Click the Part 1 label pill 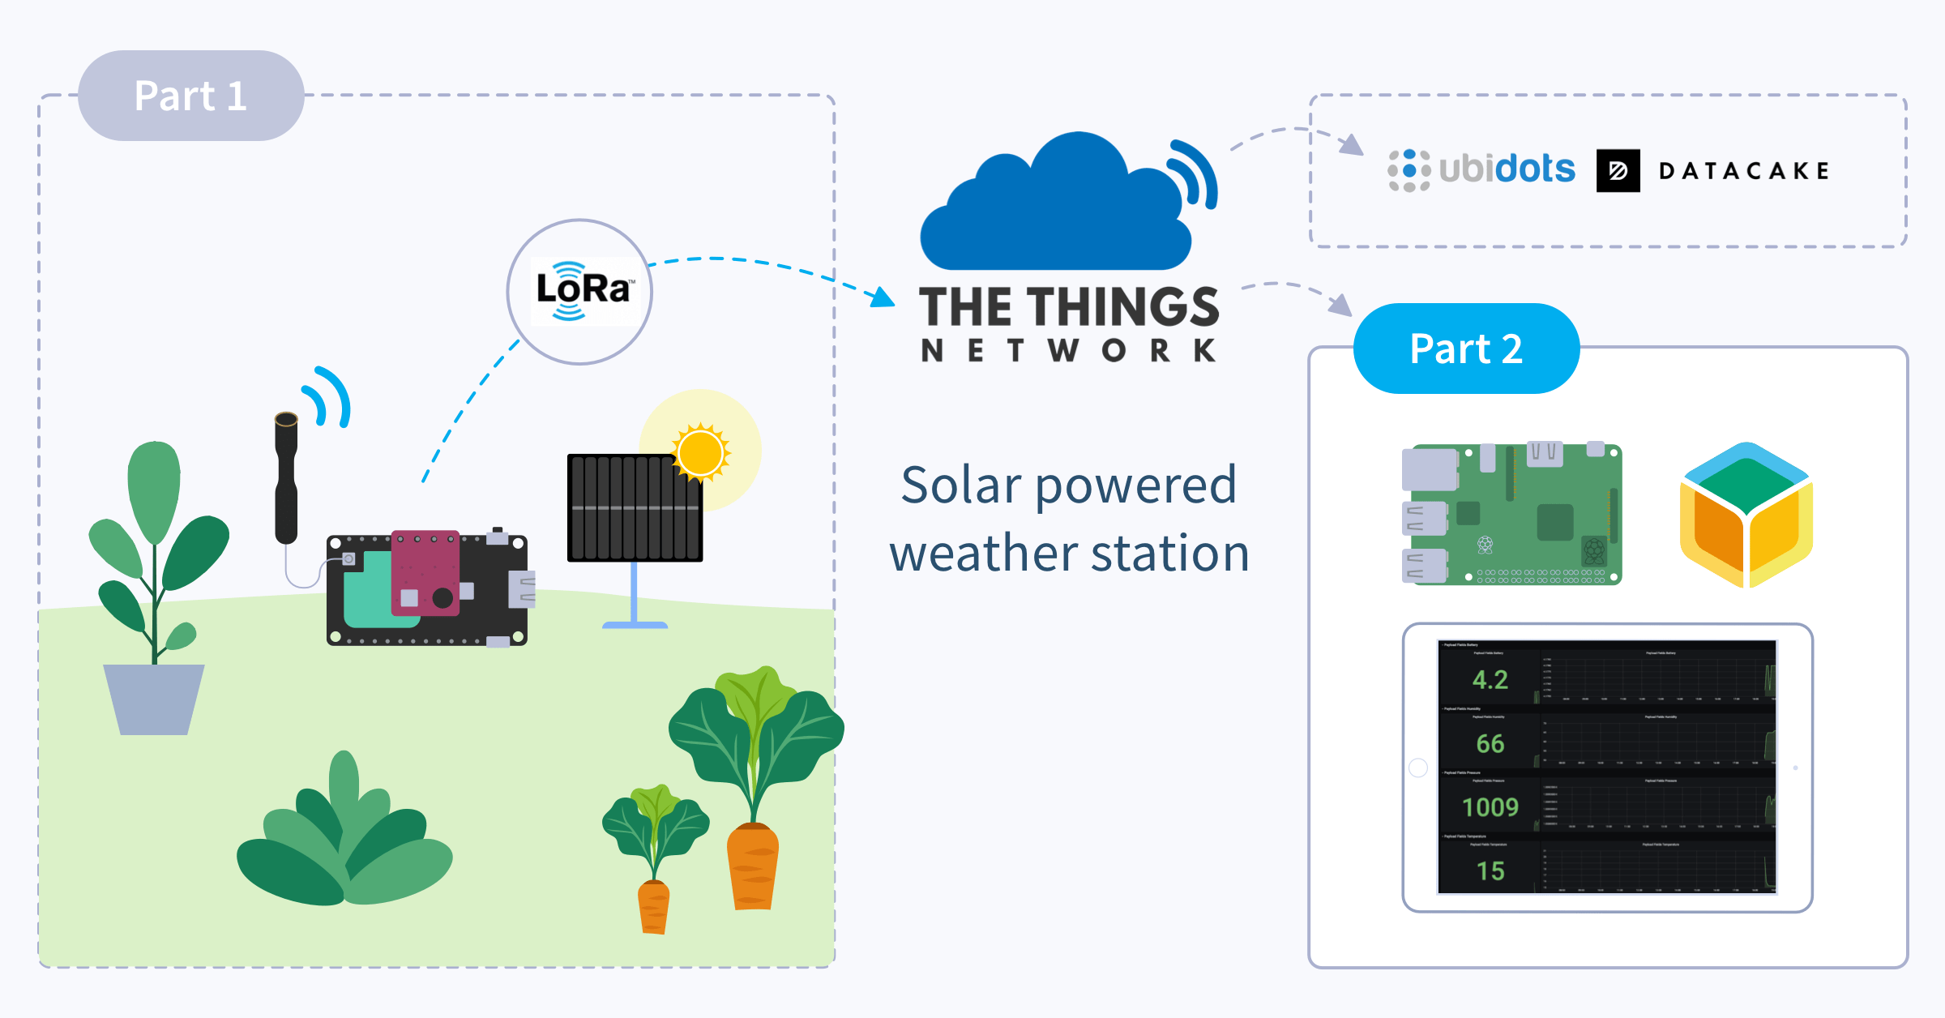pos(190,96)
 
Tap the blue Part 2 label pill pos(1466,349)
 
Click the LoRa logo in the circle pos(582,291)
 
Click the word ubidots pos(1507,169)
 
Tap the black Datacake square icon pos(1618,170)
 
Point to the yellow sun pos(700,452)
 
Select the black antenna pos(286,478)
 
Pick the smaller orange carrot pos(653,907)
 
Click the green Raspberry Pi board pos(1512,514)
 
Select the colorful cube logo pos(1746,515)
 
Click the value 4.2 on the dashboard pos(1490,680)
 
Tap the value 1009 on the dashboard pos(1490,807)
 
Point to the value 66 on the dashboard pos(1490,743)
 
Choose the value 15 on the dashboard pos(1490,871)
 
